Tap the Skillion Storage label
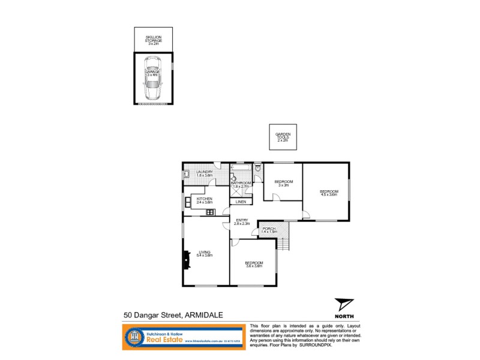(x=154, y=40)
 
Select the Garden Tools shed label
(x=283, y=137)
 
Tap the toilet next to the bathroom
(x=257, y=169)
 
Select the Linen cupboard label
(x=240, y=202)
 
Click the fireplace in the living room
(x=185, y=260)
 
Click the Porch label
(x=268, y=229)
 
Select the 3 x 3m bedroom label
(x=283, y=183)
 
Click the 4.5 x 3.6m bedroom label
(x=329, y=193)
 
